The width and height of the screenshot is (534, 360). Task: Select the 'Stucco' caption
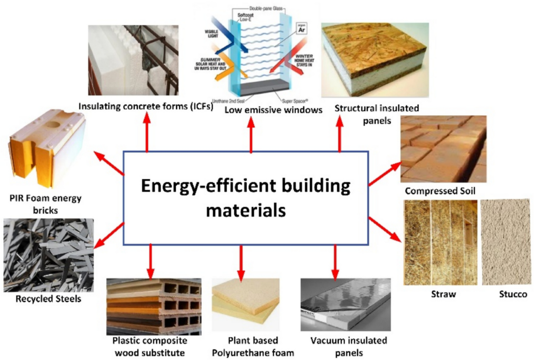click(x=512, y=294)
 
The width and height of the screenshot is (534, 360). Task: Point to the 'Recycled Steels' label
click(x=42, y=299)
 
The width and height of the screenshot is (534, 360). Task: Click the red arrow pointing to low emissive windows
click(x=251, y=135)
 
